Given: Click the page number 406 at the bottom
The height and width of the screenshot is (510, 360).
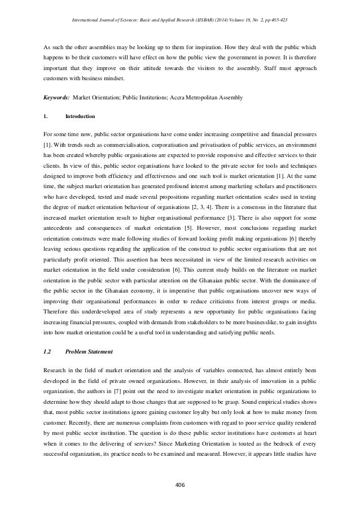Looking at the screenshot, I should click(x=179, y=484).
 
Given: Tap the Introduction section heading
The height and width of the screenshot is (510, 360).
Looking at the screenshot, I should click(x=81, y=117).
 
